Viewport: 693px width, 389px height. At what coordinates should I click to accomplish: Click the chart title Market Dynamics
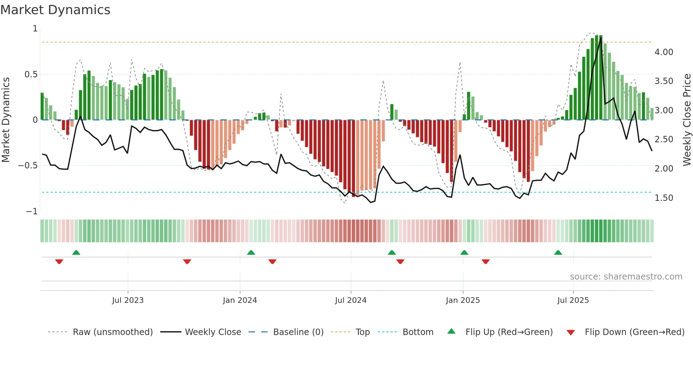[55, 10]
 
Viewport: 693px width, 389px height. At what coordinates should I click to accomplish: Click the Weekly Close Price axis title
[687, 120]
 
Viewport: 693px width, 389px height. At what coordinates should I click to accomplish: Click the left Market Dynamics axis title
[6, 120]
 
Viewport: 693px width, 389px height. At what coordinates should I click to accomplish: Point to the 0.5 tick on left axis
[31, 74]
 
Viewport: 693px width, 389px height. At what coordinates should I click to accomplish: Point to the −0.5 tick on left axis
[28, 166]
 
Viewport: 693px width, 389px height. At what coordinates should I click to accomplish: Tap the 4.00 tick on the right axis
[664, 52]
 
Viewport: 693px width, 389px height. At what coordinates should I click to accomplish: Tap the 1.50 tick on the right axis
[664, 198]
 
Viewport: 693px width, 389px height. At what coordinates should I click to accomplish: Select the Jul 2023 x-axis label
[128, 300]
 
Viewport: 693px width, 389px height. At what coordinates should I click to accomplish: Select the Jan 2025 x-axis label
[462, 300]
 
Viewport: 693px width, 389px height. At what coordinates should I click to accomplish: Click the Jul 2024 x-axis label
[350, 300]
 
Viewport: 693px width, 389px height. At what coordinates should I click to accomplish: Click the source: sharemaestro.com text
[626, 277]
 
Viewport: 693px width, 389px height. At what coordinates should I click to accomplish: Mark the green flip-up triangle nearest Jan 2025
[464, 252]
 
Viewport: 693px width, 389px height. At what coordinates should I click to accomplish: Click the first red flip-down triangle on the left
[59, 262]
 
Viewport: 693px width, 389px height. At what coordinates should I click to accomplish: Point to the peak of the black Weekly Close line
[601, 38]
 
